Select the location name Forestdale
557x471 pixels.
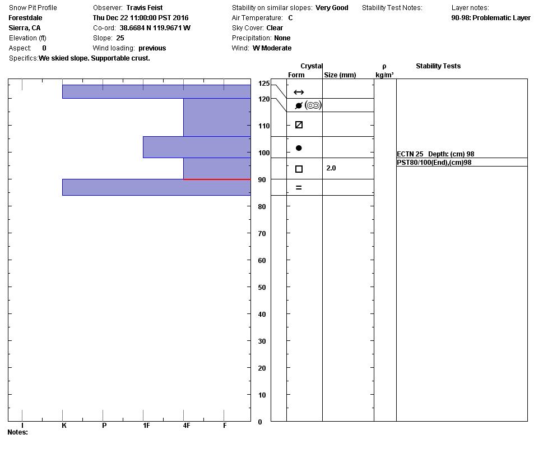[25, 18]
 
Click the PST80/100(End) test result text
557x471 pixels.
[434, 163]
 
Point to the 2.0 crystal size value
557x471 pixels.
[331, 168]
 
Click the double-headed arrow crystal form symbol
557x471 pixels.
[299, 92]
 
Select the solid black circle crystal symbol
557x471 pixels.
[299, 148]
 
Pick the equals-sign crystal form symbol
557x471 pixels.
[299, 188]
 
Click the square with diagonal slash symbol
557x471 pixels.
[299, 125]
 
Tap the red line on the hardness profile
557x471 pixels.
[217, 179]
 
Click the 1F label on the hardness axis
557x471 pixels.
[146, 426]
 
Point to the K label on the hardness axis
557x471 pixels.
[64, 426]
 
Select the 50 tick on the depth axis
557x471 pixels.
[261, 287]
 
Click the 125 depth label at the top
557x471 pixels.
[263, 84]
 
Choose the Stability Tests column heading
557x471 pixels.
[438, 66]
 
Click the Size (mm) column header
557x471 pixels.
[340, 75]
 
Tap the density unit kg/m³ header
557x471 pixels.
[384, 75]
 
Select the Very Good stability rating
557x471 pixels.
[332, 8]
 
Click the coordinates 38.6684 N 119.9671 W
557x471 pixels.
[155, 28]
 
